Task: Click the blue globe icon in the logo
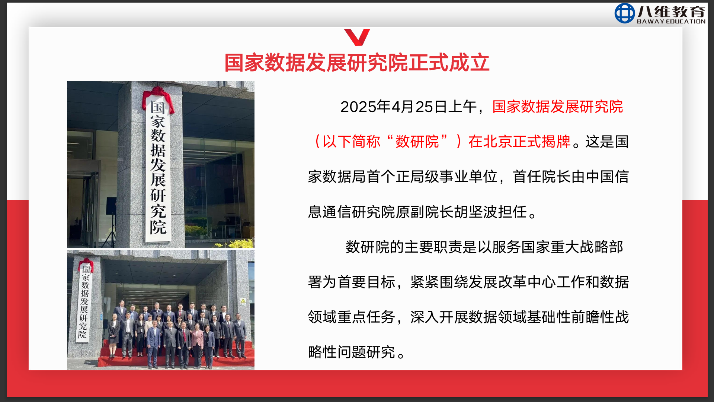[x=625, y=13]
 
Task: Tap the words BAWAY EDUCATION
[x=671, y=22]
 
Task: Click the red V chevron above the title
[x=357, y=37]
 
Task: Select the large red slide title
[x=357, y=63]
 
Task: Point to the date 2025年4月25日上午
[x=409, y=107]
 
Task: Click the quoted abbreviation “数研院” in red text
[x=417, y=142]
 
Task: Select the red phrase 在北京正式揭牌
[x=519, y=142]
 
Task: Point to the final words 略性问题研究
[x=352, y=352]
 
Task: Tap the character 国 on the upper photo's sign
[x=158, y=108]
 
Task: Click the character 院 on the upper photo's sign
[x=158, y=227]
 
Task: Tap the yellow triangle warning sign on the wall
[x=243, y=301]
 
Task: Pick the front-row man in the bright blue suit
[x=153, y=343]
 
